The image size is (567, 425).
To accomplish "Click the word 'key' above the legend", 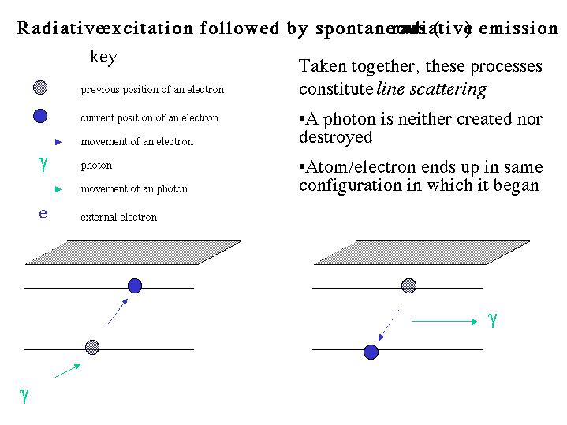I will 104,58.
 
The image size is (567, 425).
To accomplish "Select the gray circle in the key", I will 41,88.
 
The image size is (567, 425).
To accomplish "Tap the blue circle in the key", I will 40,116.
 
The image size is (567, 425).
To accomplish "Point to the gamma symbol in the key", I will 43,164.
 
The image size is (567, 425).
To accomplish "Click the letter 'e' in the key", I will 43,213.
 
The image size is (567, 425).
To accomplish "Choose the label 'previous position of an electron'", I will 152,89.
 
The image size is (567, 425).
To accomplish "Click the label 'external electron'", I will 118,217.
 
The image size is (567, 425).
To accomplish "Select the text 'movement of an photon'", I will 134,188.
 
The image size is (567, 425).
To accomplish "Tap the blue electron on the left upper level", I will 135,285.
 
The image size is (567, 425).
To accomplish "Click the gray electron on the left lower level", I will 92,346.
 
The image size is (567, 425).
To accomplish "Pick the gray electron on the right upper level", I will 408,285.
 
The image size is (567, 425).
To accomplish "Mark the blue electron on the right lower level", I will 371,352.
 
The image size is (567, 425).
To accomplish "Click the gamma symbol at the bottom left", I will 24,395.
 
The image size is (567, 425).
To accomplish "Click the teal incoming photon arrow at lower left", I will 68,370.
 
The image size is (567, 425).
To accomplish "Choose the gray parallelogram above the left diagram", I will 121,252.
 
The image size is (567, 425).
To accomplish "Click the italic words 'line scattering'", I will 431,89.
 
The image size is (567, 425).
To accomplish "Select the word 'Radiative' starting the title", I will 55,29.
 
